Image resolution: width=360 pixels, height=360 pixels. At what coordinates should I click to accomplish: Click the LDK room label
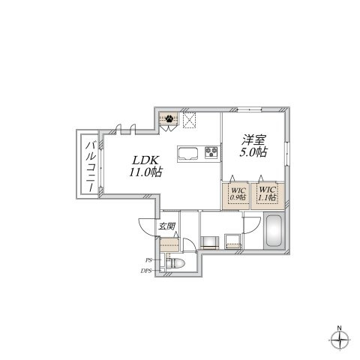[145, 160]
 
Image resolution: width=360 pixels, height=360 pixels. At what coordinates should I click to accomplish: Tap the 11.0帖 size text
[145, 172]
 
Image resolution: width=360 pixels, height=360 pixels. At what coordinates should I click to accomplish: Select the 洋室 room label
[253, 140]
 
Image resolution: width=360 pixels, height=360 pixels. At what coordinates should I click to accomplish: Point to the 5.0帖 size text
[253, 152]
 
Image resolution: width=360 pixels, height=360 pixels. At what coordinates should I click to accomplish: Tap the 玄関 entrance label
[167, 226]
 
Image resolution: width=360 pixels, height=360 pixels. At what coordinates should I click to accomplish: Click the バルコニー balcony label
[91, 166]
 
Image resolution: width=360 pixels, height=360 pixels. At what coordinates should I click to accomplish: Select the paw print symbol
[169, 118]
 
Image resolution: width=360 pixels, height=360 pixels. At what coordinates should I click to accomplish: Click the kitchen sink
[187, 153]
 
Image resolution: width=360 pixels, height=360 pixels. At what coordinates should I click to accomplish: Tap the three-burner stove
[211, 152]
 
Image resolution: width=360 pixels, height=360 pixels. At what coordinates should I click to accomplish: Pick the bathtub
[274, 231]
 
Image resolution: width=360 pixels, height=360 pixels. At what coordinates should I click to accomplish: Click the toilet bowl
[176, 263]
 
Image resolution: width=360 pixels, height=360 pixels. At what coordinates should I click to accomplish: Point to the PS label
[148, 260]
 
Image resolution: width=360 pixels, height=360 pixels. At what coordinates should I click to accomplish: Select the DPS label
[146, 271]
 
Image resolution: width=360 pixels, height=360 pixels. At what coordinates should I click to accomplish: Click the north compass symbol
[339, 340]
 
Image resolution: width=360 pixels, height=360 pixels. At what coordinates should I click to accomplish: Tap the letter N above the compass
[339, 328]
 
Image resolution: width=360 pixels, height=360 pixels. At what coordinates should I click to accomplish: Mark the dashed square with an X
[190, 120]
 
